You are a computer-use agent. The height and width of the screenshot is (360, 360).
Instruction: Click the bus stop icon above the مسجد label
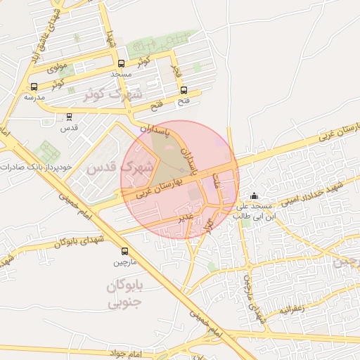121,63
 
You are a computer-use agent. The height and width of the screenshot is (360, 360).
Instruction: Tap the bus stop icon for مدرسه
34,86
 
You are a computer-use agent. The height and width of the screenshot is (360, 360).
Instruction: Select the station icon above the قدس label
69,117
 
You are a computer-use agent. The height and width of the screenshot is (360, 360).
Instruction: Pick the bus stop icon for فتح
184,90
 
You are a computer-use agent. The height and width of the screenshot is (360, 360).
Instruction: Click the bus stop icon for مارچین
124,251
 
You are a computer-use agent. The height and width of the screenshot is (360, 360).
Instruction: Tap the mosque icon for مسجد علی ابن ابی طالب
254,195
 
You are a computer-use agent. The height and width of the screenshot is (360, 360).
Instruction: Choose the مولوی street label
56,68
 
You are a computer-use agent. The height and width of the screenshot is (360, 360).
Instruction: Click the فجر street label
176,70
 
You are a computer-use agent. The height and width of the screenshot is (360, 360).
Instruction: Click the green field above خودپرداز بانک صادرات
47,150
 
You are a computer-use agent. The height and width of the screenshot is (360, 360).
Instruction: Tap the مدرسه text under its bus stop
34,97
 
